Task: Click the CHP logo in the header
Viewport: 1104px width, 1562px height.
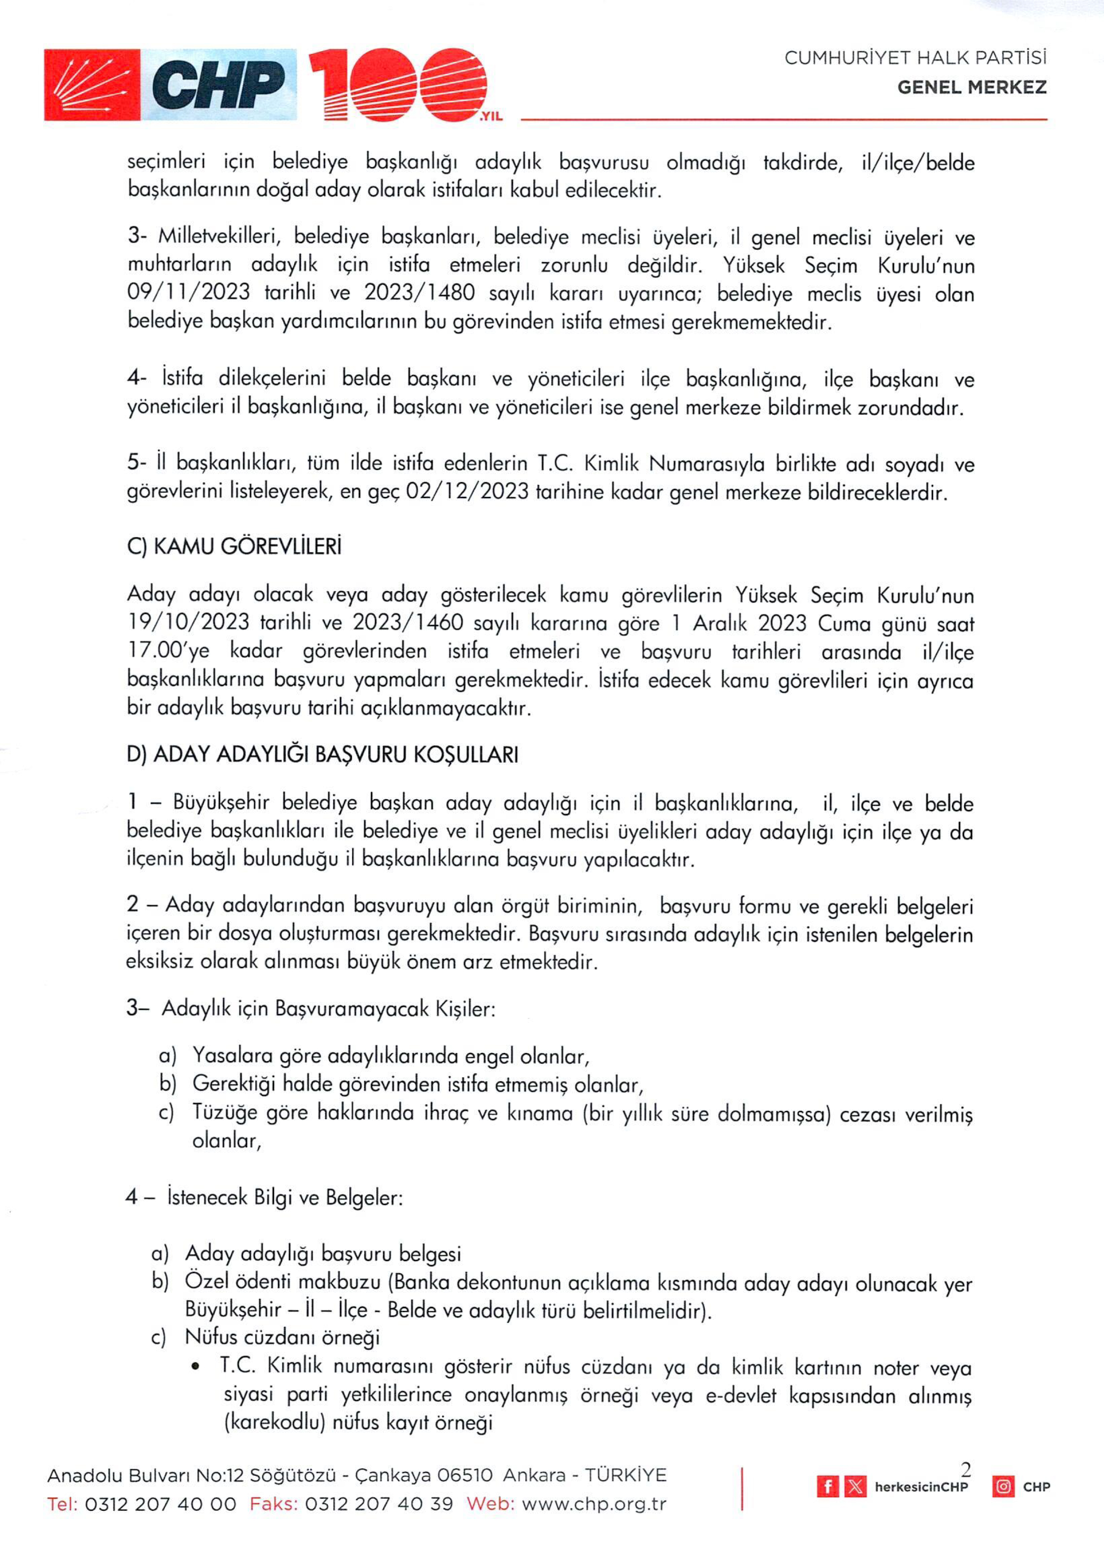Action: point(170,85)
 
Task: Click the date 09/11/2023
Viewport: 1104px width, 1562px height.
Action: point(188,292)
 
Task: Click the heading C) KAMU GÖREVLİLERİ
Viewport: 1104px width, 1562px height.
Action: point(234,547)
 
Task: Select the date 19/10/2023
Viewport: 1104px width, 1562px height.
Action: point(188,622)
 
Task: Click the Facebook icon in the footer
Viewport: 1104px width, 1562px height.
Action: point(827,1487)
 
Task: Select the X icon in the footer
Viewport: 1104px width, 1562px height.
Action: point(855,1487)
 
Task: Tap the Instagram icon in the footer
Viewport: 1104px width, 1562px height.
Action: point(1003,1487)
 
